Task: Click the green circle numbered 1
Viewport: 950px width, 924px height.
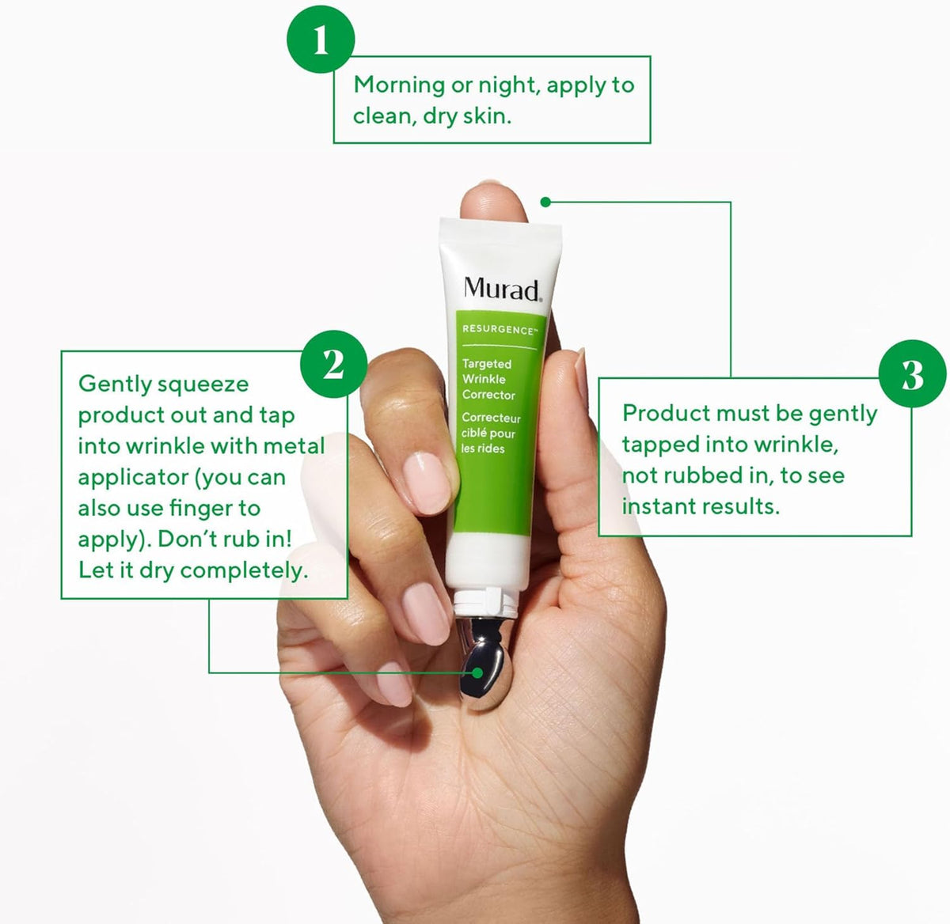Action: [320, 39]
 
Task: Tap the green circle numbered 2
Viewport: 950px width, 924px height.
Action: [333, 365]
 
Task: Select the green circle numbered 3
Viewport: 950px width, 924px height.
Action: [912, 373]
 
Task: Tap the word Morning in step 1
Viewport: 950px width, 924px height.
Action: [399, 85]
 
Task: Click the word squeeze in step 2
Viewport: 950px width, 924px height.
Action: [203, 384]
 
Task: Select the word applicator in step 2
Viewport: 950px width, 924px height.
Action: [132, 477]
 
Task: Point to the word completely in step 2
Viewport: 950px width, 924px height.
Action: [244, 570]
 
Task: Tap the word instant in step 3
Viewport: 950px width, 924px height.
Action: [656, 506]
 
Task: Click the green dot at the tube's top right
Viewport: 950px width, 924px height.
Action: [545, 202]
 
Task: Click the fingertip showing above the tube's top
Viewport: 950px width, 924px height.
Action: [492, 201]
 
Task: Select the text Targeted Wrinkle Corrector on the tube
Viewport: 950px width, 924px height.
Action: [488, 379]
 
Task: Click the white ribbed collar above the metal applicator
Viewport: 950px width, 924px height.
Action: [485, 601]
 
